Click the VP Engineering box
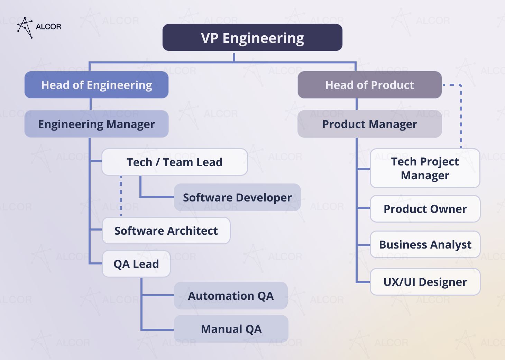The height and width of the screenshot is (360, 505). [x=252, y=38]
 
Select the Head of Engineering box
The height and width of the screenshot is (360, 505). [x=97, y=85]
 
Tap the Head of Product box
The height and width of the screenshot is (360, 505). [x=369, y=85]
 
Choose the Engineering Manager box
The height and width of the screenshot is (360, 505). [x=97, y=124]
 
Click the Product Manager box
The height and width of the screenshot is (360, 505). [x=369, y=124]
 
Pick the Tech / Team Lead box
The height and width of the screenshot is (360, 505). [x=174, y=162]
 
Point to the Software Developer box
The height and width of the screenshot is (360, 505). [x=237, y=197]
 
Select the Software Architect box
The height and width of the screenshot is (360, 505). [x=166, y=231]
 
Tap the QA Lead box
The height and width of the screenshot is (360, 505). [x=136, y=264]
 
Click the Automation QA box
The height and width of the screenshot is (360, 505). [x=231, y=296]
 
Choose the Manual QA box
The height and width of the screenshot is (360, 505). [x=231, y=329]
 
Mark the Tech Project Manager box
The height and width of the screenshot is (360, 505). [x=425, y=168]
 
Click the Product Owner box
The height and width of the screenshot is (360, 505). [x=425, y=209]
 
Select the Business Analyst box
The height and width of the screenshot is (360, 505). [x=425, y=244]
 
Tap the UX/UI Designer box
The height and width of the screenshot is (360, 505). [x=425, y=282]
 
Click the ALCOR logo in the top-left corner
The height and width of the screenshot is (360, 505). [x=39, y=27]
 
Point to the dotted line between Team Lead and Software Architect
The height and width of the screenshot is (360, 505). [x=121, y=196]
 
